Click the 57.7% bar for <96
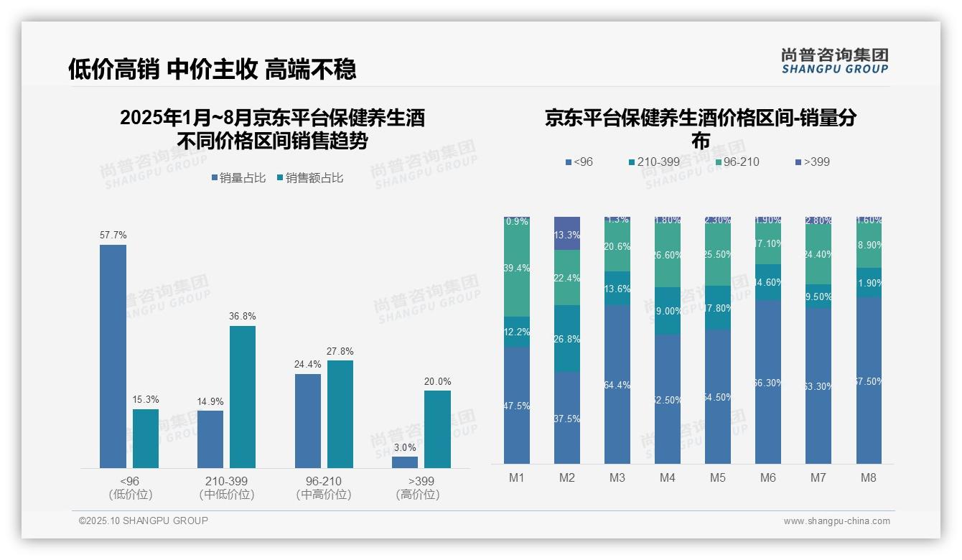pyautogui.click(x=113, y=356)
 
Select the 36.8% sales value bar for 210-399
pyautogui.click(x=243, y=397)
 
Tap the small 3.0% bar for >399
pyautogui.click(x=405, y=462)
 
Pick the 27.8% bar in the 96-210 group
pyautogui.click(x=340, y=414)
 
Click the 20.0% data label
pyautogui.click(x=437, y=381)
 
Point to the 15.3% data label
pyautogui.click(x=146, y=399)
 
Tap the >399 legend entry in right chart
pyautogui.click(x=812, y=162)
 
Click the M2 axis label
pyautogui.click(x=567, y=477)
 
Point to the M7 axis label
pyautogui.click(x=818, y=477)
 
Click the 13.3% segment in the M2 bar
pyautogui.click(x=567, y=233)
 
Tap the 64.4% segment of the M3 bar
pyautogui.click(x=617, y=384)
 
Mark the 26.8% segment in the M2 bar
pyautogui.click(x=567, y=338)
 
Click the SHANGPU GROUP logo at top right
pyautogui.click(x=834, y=61)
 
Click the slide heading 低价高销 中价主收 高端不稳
pyautogui.click(x=212, y=69)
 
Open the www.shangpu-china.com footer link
pyautogui.click(x=836, y=521)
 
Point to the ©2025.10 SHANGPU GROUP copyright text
pyautogui.click(x=144, y=521)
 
